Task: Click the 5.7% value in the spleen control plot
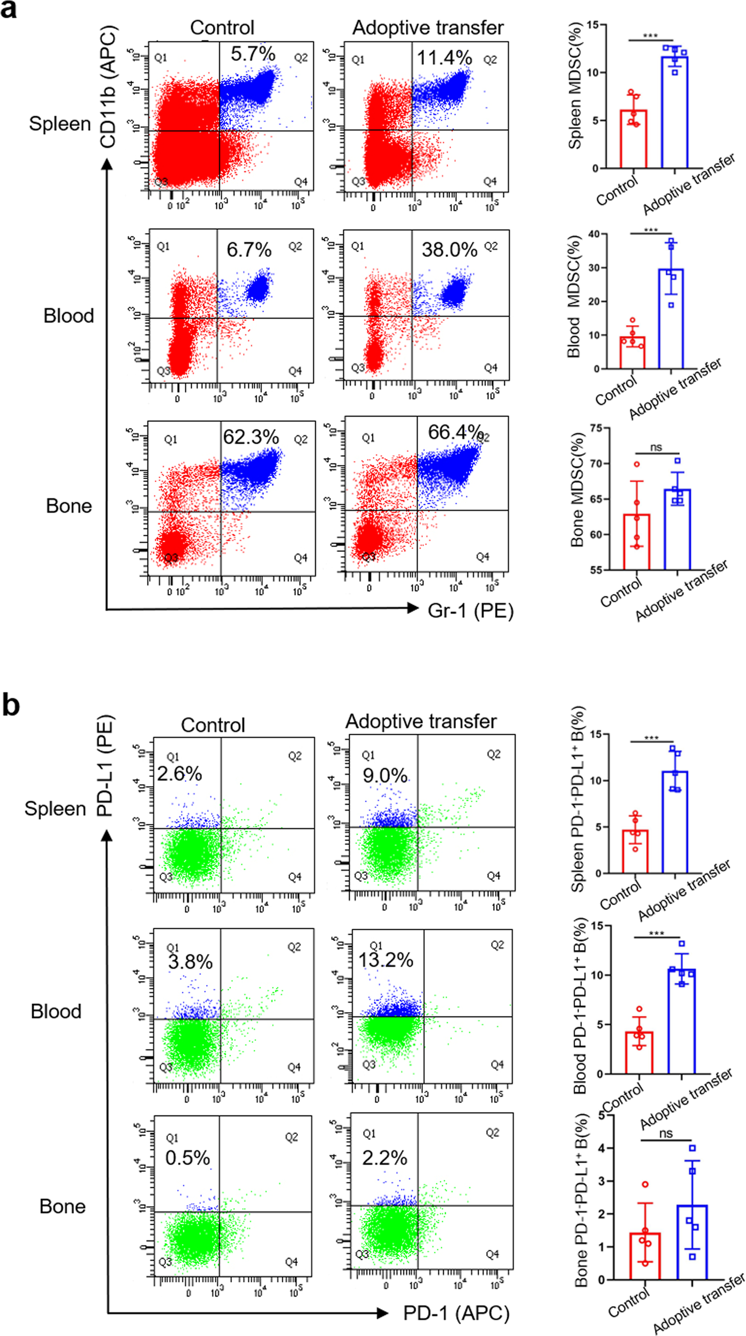[x=253, y=54]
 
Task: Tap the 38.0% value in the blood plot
[x=449, y=250]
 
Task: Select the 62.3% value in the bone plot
[x=251, y=437]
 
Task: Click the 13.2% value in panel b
[x=386, y=960]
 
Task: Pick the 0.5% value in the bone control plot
[x=187, y=1158]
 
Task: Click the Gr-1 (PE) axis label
[x=470, y=610]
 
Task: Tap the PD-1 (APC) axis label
[x=456, y=1313]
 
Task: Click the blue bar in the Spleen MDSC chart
[x=674, y=113]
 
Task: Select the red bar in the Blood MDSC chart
[x=632, y=353]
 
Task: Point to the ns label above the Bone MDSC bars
[x=656, y=447]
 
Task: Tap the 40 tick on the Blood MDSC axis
[x=593, y=234]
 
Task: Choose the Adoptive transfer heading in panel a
[x=427, y=28]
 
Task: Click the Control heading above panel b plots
[x=213, y=725]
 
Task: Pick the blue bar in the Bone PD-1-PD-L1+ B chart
[x=692, y=1242]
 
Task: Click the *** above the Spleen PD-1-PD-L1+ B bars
[x=651, y=738]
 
